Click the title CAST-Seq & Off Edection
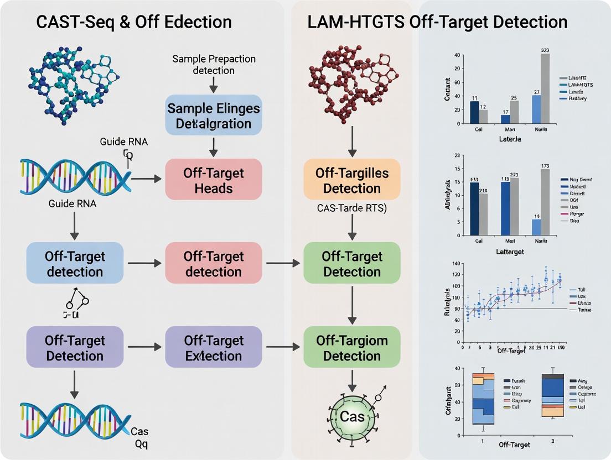pyautogui.click(x=134, y=22)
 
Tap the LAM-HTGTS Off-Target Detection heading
pyautogui.click(x=437, y=22)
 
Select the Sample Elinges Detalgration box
pyautogui.click(x=213, y=115)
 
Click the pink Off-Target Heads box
pyautogui.click(x=213, y=180)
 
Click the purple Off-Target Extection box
pyautogui.click(x=213, y=348)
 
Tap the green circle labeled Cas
pyautogui.click(x=352, y=416)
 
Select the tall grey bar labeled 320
pyautogui.click(x=545, y=88)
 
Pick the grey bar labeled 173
pyautogui.click(x=545, y=202)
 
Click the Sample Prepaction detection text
pyautogui.click(x=213, y=64)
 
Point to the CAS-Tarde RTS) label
pyautogui.click(x=352, y=209)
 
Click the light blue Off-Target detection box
pyautogui.click(x=75, y=264)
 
